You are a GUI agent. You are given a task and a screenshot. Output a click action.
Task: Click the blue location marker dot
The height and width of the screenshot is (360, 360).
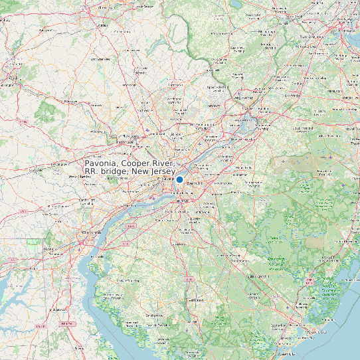(179, 179)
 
